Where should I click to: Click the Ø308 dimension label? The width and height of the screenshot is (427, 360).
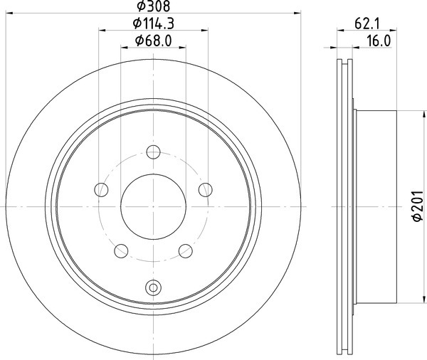[x=154, y=6]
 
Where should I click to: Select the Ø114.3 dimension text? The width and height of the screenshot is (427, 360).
[x=154, y=23]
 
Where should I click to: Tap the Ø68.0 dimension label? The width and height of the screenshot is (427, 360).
[x=154, y=41]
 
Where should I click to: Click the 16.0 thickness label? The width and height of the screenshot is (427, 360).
[x=379, y=41]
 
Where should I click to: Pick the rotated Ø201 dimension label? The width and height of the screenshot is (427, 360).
[x=418, y=206]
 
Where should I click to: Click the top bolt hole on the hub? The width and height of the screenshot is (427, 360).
[x=153, y=152]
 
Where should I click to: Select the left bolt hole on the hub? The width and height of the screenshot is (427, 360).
[x=101, y=189]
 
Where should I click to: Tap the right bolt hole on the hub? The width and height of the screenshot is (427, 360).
[x=206, y=189]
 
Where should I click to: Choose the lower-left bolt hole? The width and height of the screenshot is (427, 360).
[x=121, y=251]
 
